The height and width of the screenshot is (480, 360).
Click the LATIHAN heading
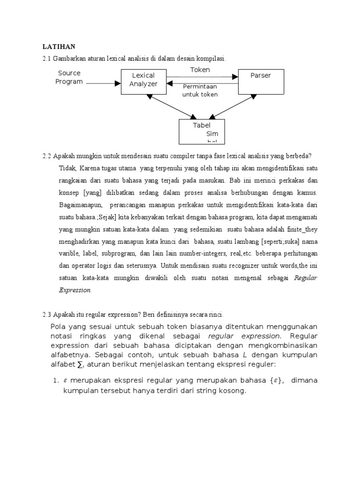59,46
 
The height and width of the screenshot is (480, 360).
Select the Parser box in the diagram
261,81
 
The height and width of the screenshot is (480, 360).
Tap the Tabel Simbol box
202,131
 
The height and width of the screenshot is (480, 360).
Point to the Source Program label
69,77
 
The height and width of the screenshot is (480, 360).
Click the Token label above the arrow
200,70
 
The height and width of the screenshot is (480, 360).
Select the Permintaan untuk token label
200,90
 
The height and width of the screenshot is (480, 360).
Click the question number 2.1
47,59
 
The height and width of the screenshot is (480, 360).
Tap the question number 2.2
47,156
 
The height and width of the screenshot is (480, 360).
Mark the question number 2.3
47,314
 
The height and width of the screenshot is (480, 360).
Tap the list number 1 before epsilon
55,380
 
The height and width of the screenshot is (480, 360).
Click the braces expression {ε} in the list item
274,380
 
